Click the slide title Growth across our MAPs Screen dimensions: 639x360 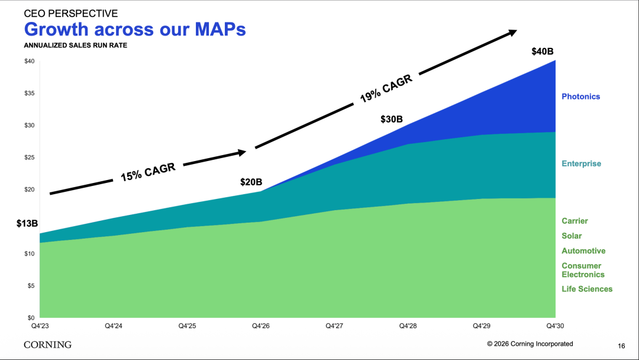(135, 30)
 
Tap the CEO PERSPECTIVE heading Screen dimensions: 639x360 (71, 14)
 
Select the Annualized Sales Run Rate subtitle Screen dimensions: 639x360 (75, 45)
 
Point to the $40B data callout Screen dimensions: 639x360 (543, 52)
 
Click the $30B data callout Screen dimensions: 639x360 (392, 119)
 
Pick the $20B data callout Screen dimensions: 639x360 (251, 182)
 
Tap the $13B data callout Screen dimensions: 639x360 (27, 223)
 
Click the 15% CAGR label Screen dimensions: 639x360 (148, 172)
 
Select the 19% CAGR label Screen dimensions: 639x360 (386, 88)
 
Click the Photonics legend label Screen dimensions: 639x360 (581, 97)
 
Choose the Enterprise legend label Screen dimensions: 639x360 (581, 163)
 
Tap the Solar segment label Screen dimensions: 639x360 (572, 236)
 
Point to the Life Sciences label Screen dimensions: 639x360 (587, 289)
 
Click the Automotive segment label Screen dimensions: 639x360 (583, 250)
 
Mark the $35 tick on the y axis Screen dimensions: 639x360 (30, 94)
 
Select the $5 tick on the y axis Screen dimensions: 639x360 (31, 286)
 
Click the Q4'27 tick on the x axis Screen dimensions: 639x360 (334, 326)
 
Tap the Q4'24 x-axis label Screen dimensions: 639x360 (113, 326)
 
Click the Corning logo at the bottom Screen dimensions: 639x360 (48, 345)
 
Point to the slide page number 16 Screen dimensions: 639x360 (621, 346)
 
